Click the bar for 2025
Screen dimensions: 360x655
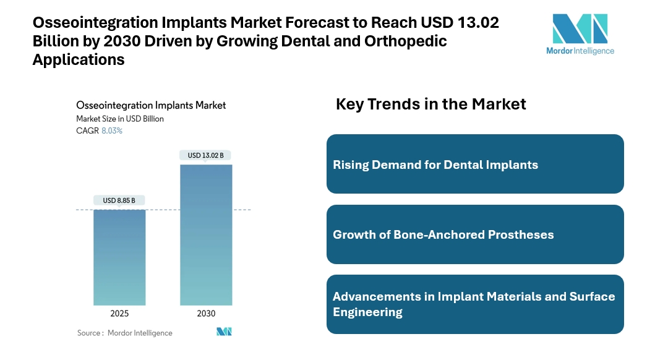pos(119,257)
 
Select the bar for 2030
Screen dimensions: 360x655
pos(206,234)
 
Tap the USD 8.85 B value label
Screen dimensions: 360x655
pos(119,200)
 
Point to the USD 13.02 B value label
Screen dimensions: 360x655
pos(206,155)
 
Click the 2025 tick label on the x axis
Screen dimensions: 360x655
pos(119,314)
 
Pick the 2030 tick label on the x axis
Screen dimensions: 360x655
pos(206,314)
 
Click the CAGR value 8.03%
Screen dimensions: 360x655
pos(112,131)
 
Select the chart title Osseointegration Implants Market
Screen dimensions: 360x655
pos(151,105)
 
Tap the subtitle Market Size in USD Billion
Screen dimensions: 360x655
pos(120,118)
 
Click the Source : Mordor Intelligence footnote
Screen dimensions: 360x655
pos(125,333)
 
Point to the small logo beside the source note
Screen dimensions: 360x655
pos(224,332)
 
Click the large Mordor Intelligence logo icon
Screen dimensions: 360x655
pos(580,28)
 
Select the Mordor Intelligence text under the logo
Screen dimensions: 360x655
pos(580,51)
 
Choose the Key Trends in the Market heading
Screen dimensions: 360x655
pos(430,104)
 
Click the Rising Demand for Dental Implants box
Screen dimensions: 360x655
pos(475,165)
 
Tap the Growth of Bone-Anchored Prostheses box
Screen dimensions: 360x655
pos(475,234)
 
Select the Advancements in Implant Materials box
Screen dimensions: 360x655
pos(475,304)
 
